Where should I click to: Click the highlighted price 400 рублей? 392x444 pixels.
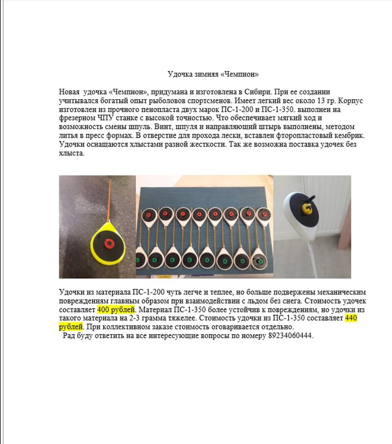click(x=116, y=310)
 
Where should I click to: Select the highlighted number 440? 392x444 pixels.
click(x=351, y=319)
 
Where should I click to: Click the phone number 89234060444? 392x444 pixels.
click(x=290, y=336)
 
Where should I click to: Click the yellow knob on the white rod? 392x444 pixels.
click(x=306, y=208)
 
